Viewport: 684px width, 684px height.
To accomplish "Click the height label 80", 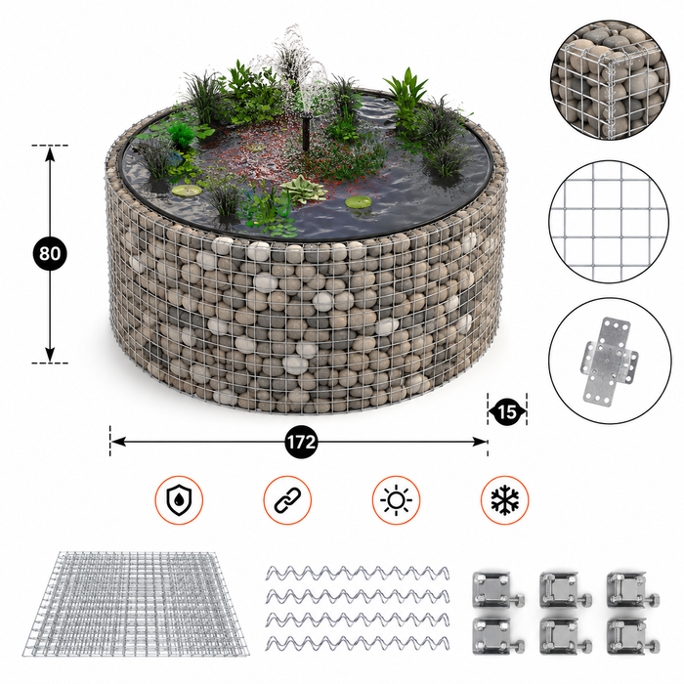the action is tap(50, 253).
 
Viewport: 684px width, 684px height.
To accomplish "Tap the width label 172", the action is tap(301, 442).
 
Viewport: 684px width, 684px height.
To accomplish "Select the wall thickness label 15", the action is tap(507, 411).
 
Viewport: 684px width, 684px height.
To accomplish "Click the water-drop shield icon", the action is tap(179, 500).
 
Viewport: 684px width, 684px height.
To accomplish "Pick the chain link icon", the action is tap(287, 500).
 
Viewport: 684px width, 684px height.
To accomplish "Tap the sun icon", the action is tap(396, 500).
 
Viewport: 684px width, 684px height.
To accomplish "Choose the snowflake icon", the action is tap(505, 500).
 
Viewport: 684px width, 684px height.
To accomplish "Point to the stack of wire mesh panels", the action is tap(136, 604).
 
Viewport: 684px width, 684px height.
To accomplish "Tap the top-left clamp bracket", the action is tap(498, 589).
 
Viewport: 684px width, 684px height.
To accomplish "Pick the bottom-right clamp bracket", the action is tap(633, 636).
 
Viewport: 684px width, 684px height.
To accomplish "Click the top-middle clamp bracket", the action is tap(566, 589).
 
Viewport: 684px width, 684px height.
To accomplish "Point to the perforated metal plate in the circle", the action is tap(609, 362).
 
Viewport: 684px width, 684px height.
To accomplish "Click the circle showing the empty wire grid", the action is tap(609, 223).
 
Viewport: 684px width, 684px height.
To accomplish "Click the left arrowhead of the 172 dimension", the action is tap(118, 442).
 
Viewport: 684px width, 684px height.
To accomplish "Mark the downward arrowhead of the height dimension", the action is tap(50, 354).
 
